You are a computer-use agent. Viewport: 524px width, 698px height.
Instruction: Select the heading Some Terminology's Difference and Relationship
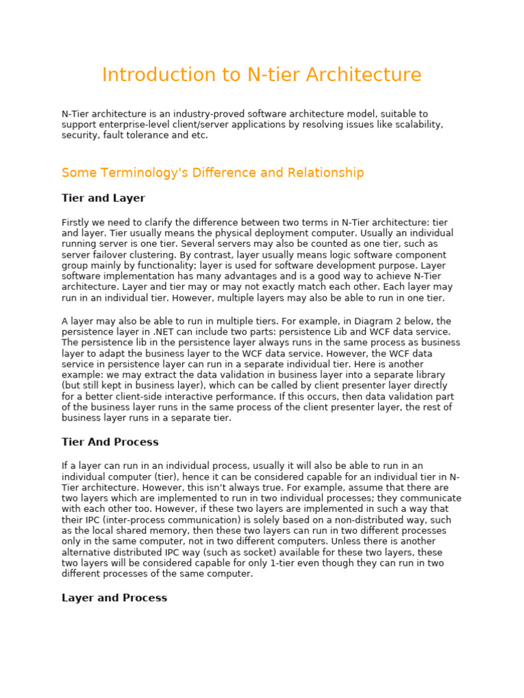[212, 173]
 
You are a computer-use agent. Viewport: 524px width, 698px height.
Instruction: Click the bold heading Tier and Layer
[103, 198]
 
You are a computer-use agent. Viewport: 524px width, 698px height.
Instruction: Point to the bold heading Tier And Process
[110, 442]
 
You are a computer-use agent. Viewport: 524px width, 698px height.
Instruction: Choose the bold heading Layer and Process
[114, 598]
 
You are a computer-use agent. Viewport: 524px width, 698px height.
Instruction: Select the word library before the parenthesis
[428, 375]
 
